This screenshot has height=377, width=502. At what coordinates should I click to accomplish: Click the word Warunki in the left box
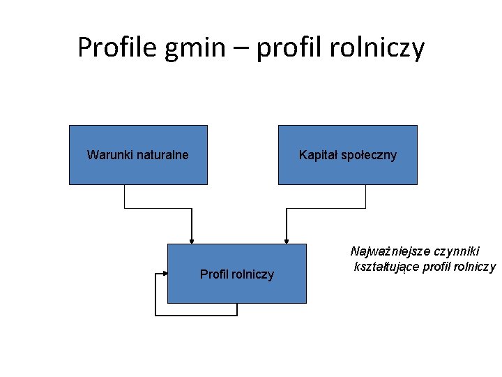click(x=109, y=154)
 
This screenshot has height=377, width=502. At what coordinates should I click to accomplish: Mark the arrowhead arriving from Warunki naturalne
click(x=192, y=239)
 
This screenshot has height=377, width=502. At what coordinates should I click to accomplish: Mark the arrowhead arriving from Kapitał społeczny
click(x=285, y=239)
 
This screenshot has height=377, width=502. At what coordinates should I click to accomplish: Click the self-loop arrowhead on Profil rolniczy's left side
click(x=164, y=274)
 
